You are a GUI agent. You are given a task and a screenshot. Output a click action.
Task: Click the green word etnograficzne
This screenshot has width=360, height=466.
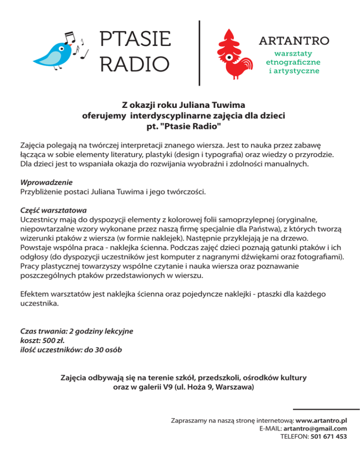coord(293,62)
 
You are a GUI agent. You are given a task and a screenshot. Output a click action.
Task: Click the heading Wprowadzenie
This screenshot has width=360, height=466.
coord(47,182)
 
